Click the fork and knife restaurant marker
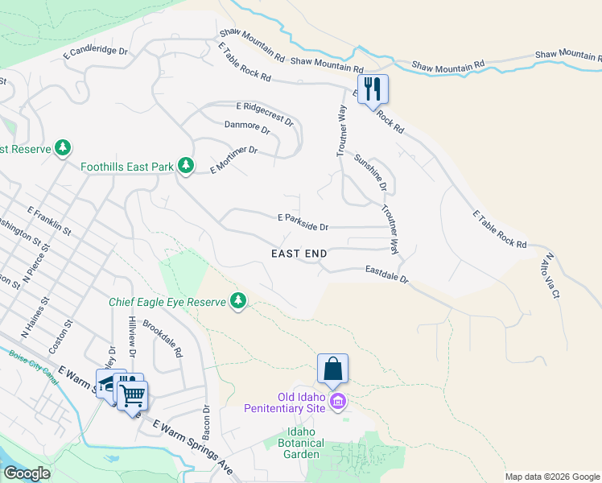[x=373, y=89]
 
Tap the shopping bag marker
[x=332, y=369]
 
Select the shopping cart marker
[x=132, y=394]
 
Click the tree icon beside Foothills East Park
[x=186, y=166]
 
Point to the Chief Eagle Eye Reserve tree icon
[x=237, y=301]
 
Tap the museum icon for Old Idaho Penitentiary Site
[x=337, y=401]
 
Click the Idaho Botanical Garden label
[x=301, y=443]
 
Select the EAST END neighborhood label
[x=299, y=254]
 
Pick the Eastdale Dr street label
[x=387, y=275]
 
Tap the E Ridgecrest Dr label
[x=266, y=111]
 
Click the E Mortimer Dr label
[x=233, y=159]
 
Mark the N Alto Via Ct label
[x=551, y=276]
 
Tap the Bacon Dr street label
[x=207, y=422]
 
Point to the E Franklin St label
[x=50, y=220]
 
